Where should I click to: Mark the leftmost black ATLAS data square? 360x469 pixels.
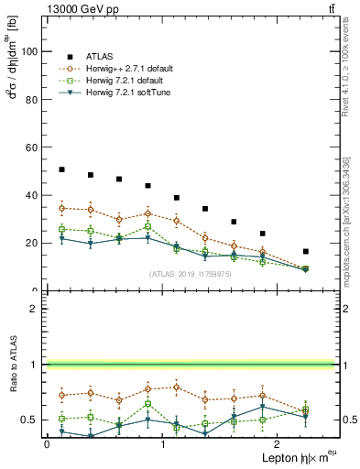point(61,169)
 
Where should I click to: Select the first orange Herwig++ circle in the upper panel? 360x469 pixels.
point(61,208)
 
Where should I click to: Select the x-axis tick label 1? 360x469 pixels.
point(162,444)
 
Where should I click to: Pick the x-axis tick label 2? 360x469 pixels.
point(278,444)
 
